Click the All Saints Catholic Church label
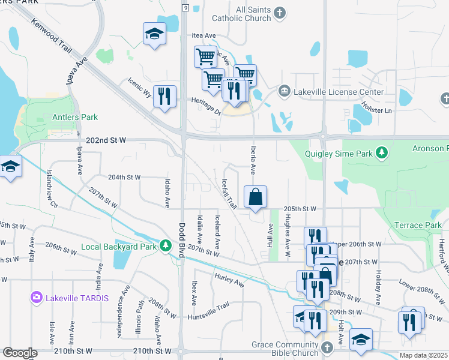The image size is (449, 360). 245,14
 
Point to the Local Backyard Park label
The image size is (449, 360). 119,247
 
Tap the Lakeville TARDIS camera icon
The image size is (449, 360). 37,297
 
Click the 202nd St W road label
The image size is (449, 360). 106,140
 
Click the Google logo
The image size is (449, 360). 20,353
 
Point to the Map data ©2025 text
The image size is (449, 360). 423,355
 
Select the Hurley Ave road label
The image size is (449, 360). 229,279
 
